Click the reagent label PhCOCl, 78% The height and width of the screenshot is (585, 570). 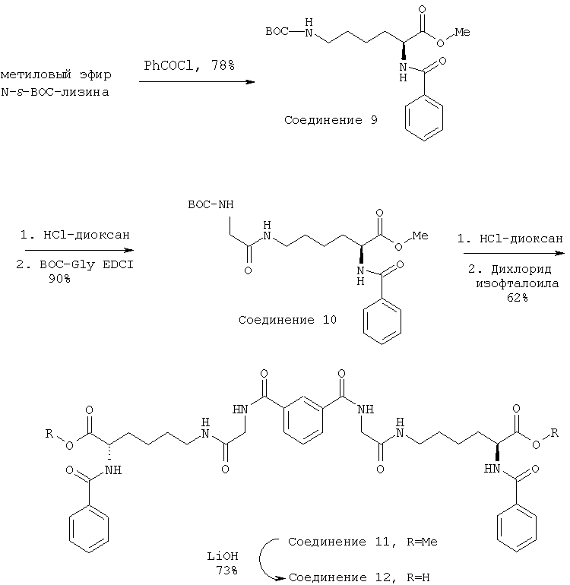pyautogui.click(x=189, y=67)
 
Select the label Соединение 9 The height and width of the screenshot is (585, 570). pyautogui.click(x=331, y=121)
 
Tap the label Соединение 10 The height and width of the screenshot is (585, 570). pyautogui.click(x=288, y=320)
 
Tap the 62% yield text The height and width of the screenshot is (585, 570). pyautogui.click(x=515, y=298)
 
